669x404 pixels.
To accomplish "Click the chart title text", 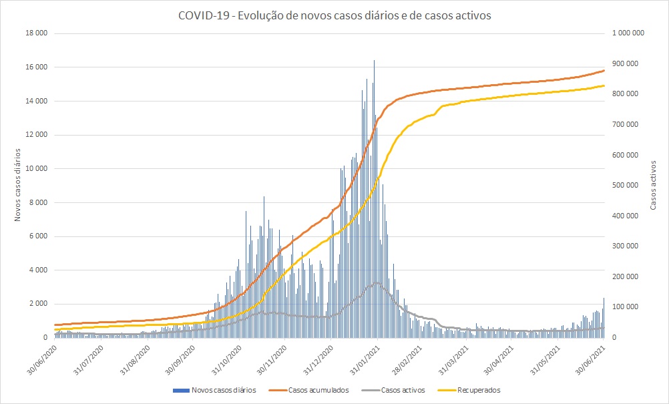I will click(334, 16).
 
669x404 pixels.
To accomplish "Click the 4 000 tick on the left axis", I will click(37, 270).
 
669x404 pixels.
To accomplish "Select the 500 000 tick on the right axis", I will click(627, 185).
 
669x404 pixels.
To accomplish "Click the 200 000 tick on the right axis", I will click(627, 276).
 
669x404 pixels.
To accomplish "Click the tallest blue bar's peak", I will click(374, 61).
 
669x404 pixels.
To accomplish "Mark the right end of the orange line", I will click(604, 70).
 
